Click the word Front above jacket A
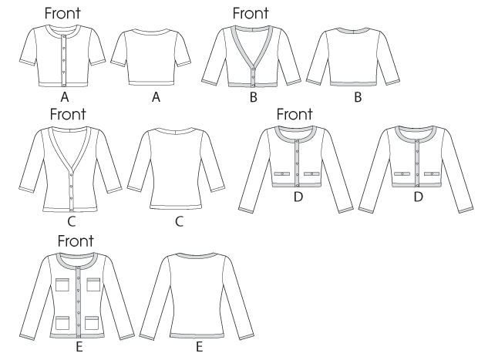point(62,13)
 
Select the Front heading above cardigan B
point(251,13)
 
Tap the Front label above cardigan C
point(68,114)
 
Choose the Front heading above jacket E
point(76,241)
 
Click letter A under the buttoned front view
point(65,97)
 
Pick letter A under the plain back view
point(156,97)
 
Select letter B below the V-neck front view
point(254,97)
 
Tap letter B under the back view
point(358,97)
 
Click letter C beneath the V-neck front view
point(72,221)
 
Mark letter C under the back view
point(180,221)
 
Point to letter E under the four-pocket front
point(79,347)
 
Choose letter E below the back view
point(200,347)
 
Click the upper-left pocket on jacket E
point(62,284)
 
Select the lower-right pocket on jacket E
point(92,323)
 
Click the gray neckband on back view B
point(354,30)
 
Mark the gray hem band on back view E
point(197,335)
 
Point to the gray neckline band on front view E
point(79,259)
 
